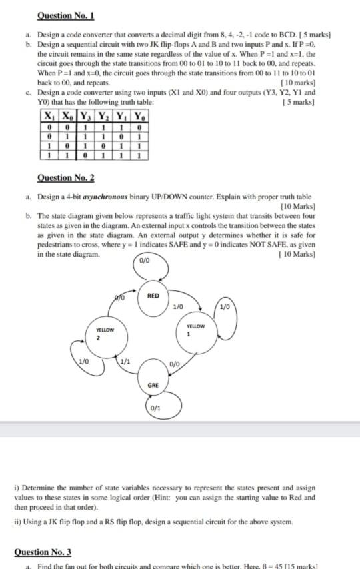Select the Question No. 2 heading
click(x=65, y=177)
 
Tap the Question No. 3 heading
click(x=42, y=552)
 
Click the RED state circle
click(x=153, y=296)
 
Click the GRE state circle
click(x=153, y=384)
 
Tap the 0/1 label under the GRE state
click(x=155, y=407)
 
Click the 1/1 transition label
click(x=124, y=362)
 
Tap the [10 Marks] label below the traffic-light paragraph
click(x=297, y=254)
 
